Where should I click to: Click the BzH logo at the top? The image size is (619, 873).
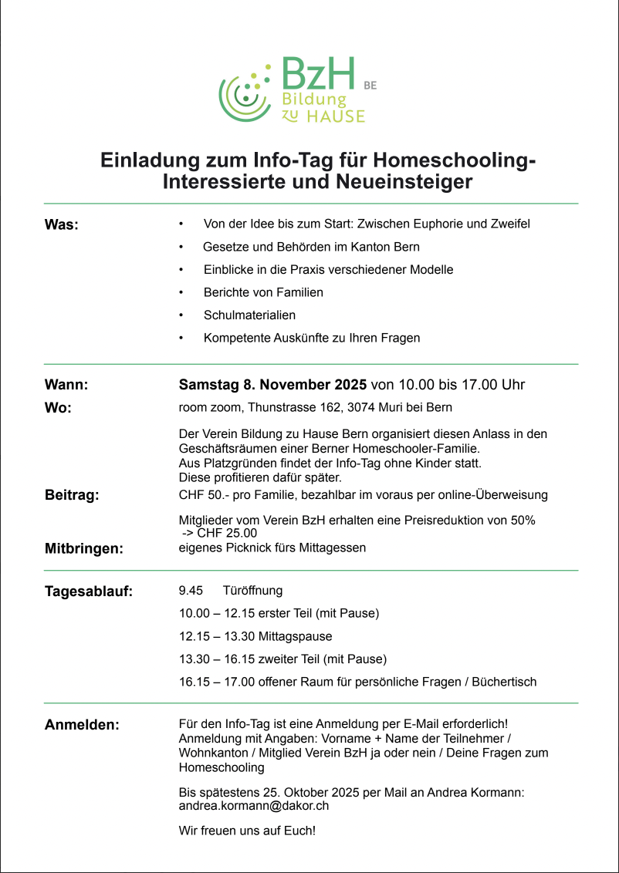292,90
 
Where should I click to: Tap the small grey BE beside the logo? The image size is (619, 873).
370,86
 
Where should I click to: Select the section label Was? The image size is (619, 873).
62,225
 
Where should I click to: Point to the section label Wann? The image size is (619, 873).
66,384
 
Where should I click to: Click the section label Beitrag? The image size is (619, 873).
72,495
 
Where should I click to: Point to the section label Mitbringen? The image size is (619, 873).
84,549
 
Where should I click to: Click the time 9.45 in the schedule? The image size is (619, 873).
191,591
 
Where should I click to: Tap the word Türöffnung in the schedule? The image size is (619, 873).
252,591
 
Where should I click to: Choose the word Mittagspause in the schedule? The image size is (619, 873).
296,636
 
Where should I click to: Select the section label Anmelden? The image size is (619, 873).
82,725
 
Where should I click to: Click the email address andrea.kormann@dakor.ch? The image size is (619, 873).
255,805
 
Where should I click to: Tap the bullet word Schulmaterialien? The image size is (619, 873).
249,315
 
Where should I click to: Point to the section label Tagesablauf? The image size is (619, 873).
89,592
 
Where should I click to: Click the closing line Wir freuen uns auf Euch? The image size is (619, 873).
247,831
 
